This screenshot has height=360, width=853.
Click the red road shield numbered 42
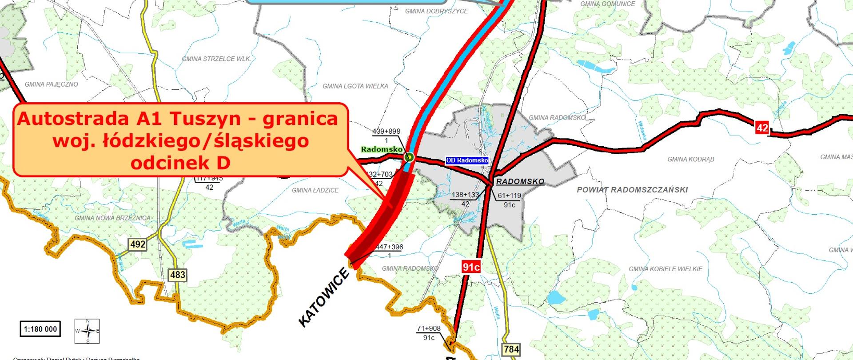(762, 128)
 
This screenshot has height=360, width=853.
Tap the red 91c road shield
(471, 267)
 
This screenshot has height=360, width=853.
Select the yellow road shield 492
(137, 244)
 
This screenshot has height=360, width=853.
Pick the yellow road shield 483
(178, 275)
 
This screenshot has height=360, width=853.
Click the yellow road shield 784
(511, 349)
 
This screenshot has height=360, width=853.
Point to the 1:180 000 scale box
(40, 329)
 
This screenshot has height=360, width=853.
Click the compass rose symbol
(87, 331)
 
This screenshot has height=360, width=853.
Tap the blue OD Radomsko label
(467, 160)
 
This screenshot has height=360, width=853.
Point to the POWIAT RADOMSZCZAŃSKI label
(632, 190)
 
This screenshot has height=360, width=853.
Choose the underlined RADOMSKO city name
(520, 182)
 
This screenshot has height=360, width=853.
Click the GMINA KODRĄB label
(691, 159)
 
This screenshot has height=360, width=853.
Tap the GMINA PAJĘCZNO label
(51, 84)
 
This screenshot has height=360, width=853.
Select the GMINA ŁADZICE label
(315, 190)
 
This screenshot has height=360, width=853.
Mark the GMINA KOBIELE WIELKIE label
(666, 269)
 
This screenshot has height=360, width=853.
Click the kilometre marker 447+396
(389, 247)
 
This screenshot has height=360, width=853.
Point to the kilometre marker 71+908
(429, 329)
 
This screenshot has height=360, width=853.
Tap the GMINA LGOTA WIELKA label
(355, 86)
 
